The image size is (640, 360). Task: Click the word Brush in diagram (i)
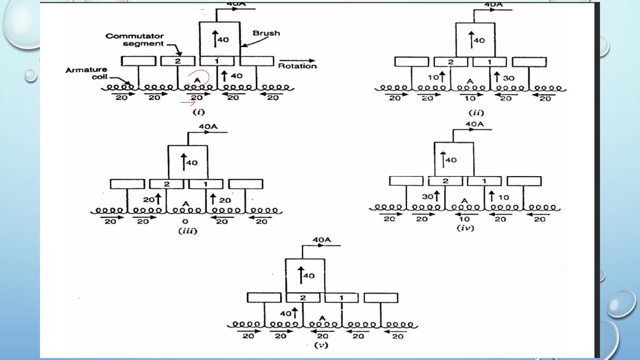266,33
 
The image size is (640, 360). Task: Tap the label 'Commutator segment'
135,40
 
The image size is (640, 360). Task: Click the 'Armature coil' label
86,73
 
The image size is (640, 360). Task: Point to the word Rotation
297,66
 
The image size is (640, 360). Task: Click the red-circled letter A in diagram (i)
197,80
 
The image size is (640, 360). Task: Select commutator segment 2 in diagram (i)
178,61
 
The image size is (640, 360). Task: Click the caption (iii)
188,231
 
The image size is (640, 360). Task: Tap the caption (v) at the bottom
321,345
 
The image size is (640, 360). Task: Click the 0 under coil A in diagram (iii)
185,221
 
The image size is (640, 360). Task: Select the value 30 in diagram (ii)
509,78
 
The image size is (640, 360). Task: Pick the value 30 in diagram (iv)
428,196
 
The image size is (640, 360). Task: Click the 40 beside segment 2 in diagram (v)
286,313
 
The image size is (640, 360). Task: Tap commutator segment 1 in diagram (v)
341,298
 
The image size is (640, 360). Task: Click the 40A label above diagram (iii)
208,127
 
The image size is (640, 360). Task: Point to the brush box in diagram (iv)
454,159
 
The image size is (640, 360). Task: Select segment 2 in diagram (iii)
167,184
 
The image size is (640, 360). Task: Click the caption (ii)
476,113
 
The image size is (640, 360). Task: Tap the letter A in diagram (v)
322,318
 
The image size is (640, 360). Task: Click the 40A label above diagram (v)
321,240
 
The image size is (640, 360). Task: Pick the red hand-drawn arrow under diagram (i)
188,102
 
